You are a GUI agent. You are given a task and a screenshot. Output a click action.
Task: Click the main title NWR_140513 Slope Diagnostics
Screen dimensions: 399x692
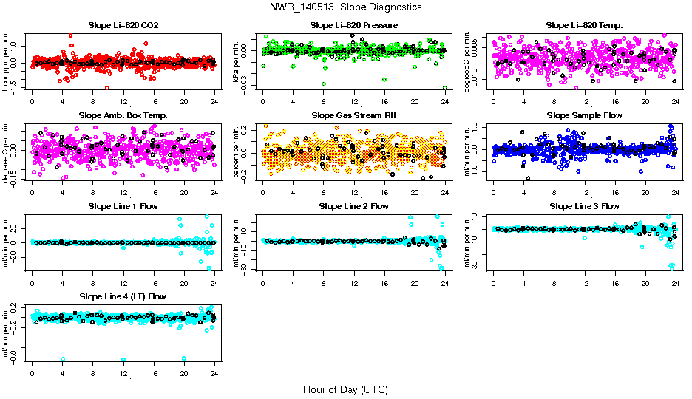[x=346, y=7]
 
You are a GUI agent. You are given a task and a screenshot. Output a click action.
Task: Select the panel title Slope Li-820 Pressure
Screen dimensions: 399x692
[x=353, y=25]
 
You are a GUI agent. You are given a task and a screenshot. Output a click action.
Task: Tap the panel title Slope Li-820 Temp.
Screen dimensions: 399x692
[x=584, y=25]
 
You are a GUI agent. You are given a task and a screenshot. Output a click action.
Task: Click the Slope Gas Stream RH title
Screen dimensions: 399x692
[x=353, y=115]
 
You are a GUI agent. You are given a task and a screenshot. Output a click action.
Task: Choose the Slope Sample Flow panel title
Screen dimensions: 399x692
[x=584, y=115]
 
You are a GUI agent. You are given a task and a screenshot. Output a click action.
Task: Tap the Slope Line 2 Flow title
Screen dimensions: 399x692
[x=353, y=205]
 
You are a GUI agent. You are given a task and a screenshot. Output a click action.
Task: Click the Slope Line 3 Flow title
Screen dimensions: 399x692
[x=584, y=205]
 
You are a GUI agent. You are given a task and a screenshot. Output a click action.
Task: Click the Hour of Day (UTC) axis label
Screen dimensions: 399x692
[x=345, y=389]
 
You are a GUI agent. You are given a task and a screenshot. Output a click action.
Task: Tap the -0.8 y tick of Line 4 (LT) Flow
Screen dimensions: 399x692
[x=15, y=358]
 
